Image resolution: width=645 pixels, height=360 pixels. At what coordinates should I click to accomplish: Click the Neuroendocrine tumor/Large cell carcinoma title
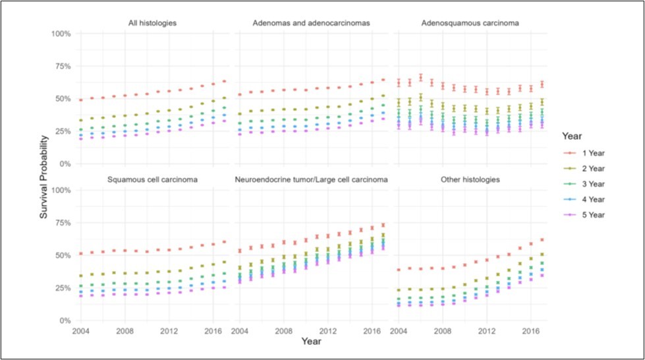click(x=311, y=179)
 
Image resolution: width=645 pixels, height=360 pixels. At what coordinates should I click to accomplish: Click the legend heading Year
click(x=573, y=136)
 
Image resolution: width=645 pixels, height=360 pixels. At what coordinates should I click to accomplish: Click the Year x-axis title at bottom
click(x=311, y=342)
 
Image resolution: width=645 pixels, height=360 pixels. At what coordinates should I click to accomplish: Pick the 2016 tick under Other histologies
click(x=531, y=330)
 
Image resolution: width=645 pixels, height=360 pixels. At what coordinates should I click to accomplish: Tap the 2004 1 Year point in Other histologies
click(x=398, y=270)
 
